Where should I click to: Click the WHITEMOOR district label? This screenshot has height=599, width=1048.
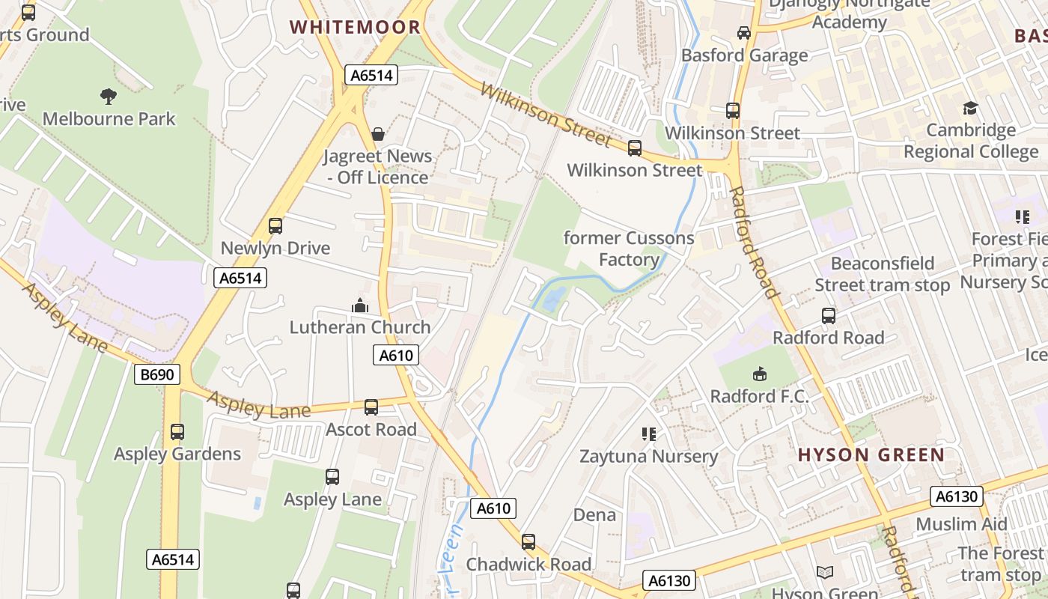355,28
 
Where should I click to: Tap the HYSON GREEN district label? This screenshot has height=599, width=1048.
871,454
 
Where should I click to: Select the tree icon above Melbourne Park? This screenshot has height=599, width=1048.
109,96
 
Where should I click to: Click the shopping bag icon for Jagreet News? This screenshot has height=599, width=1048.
378,134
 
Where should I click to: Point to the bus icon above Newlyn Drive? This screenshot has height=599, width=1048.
275,225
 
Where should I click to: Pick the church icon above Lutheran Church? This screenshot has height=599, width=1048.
360,305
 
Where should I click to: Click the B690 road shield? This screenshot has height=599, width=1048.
157,374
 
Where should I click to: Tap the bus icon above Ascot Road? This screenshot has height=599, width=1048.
371,407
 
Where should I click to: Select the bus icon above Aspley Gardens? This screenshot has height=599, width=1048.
177,432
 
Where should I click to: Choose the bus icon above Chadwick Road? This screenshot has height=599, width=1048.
528,542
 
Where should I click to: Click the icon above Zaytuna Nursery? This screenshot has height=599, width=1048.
649,434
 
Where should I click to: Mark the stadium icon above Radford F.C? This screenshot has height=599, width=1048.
760,374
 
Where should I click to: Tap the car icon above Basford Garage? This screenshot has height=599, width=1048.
744,33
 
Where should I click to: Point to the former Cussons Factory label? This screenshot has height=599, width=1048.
629,249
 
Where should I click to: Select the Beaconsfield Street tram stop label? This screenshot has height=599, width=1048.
882,274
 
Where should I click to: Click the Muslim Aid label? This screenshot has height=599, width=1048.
961,524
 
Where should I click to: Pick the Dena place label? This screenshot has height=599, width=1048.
594,515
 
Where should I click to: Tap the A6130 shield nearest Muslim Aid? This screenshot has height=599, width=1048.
956,496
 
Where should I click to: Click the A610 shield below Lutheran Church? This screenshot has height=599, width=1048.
397,355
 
